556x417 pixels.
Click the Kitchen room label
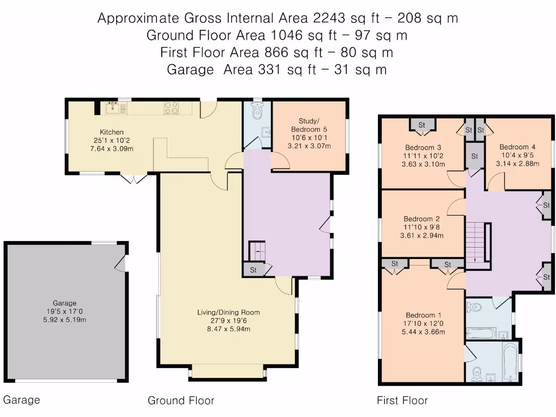pos(111,132)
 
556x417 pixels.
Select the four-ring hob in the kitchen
pos(172,108)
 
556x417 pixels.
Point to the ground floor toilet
pos(257,112)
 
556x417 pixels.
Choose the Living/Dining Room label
pos(228,312)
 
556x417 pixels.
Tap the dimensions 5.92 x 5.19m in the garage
pos(64,320)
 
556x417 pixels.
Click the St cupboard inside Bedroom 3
pos(422,125)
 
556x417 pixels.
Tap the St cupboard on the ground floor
pos(254,269)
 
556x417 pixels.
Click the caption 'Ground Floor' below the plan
pos(181,401)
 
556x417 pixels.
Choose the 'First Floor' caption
pos(402,401)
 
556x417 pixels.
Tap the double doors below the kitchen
pos(132,178)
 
